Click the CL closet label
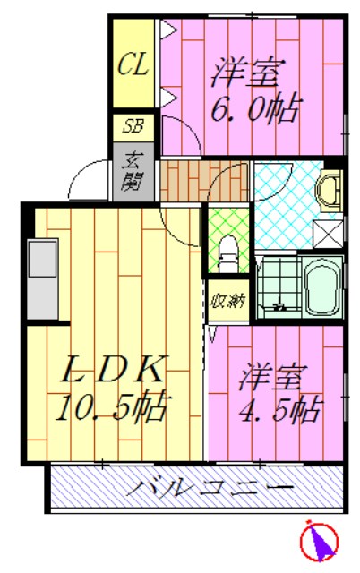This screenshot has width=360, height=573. (x=134, y=65)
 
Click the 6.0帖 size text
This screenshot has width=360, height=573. (x=254, y=109)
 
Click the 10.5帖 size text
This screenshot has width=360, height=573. (x=111, y=409)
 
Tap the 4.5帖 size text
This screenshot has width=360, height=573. (x=278, y=409)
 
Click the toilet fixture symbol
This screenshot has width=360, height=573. (x=227, y=252)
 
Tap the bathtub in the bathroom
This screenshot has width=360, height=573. (x=319, y=286)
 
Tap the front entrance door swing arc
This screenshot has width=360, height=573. (x=90, y=176)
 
